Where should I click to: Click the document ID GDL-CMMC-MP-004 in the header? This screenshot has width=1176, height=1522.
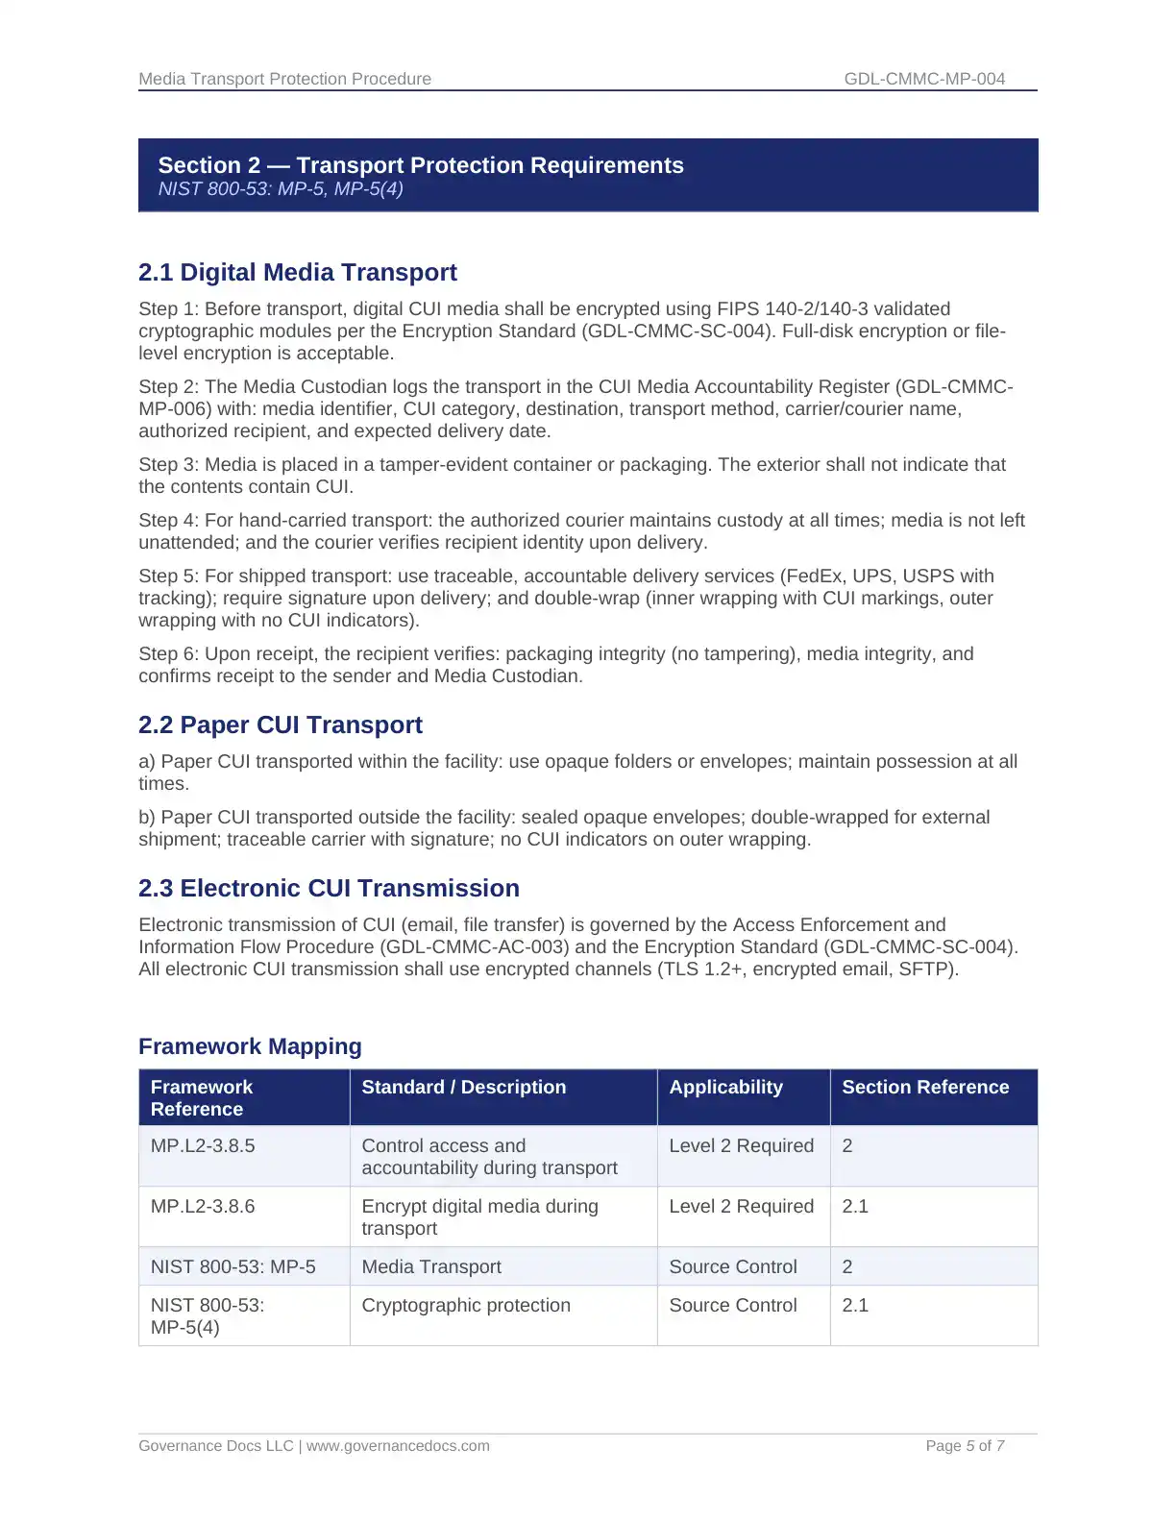pos(924,79)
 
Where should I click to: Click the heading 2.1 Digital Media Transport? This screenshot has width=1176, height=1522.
pos(297,273)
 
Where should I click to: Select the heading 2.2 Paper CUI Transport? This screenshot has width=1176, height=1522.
pos(280,725)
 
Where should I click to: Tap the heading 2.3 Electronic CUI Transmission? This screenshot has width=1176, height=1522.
pos(329,889)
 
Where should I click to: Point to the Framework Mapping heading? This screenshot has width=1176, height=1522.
pos(250,1046)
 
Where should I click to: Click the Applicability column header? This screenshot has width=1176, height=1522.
pos(725,1088)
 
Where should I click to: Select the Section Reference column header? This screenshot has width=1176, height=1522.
pos(925,1088)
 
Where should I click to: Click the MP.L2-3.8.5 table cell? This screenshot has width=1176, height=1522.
pos(203,1146)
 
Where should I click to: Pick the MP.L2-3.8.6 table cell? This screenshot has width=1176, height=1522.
pos(203,1207)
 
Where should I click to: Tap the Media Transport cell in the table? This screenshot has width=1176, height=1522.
pos(431,1267)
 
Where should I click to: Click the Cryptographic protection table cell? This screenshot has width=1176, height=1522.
pos(466,1306)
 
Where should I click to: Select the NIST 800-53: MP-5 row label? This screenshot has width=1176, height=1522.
pos(233,1267)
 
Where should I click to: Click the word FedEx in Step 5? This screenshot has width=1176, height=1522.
pos(815,577)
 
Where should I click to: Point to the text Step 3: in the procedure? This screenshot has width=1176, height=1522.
pos(168,465)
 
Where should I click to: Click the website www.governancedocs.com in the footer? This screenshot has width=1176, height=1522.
pos(398,1446)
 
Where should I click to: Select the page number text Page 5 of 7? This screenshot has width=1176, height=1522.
pos(965,1446)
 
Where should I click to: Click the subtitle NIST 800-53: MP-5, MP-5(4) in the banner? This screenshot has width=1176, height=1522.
pos(281,189)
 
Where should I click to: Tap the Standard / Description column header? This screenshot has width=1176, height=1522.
pos(463,1088)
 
